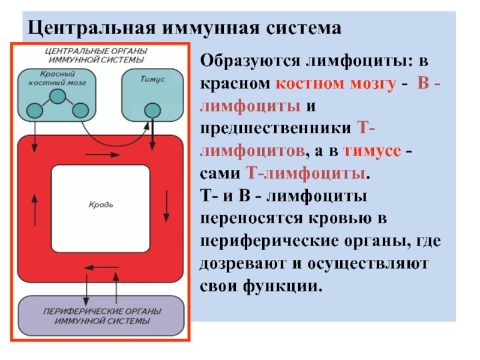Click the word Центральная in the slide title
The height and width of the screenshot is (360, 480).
[x=92, y=28]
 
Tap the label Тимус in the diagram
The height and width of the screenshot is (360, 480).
[x=152, y=79]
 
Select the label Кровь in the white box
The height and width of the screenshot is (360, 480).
[x=101, y=205]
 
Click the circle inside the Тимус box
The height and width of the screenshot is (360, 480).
[x=152, y=110]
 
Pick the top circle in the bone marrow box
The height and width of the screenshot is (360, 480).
[x=58, y=97]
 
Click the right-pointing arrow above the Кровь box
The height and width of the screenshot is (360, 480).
[x=102, y=155]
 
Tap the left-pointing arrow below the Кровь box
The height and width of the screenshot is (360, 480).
[x=101, y=268]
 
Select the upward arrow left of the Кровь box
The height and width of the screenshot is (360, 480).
[x=35, y=210]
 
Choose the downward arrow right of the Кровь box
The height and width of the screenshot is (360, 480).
[x=167, y=206]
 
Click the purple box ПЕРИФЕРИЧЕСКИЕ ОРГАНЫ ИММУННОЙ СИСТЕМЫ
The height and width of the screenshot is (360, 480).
[x=101, y=316]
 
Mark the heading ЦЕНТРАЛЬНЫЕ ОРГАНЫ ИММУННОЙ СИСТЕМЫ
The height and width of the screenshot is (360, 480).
[x=96, y=55]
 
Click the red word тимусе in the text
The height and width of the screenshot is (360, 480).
[x=372, y=151]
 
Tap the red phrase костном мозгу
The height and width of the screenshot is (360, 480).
[x=336, y=83]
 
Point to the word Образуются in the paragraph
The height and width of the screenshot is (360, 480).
[x=250, y=61]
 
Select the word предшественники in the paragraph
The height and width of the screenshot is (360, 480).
[x=275, y=128]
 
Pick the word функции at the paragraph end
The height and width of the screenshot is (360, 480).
[x=283, y=287]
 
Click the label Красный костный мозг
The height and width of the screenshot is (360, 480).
[x=57, y=79]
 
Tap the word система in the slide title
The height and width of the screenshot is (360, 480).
[x=304, y=28]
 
